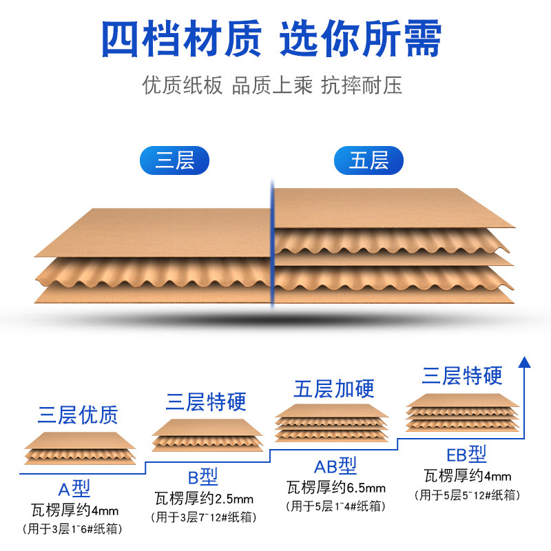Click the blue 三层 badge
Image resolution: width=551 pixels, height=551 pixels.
coord(174,160)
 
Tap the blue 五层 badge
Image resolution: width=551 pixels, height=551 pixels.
coord(368,160)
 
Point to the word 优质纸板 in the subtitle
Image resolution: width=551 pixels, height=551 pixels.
coord(183,86)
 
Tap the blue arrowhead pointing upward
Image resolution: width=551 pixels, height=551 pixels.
coord(525,362)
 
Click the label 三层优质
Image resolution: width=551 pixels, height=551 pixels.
coord(78,415)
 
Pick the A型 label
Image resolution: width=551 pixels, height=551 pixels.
coord(74,490)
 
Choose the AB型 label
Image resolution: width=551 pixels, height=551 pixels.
coord(335,466)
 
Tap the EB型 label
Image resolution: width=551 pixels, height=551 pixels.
coord(466,455)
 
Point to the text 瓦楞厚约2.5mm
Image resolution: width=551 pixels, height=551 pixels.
coord(205,497)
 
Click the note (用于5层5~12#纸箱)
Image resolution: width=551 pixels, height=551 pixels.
coord(467,495)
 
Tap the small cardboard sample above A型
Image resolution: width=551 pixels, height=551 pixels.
coord(80,448)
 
